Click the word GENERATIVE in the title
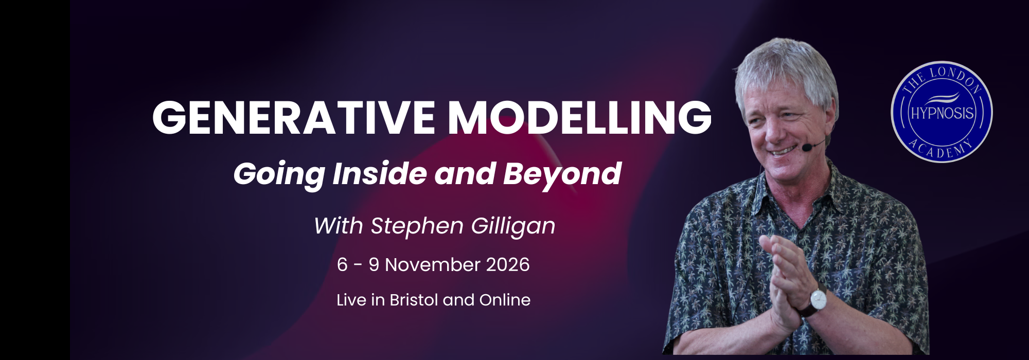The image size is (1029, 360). (293, 117)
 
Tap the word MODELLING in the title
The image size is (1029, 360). (580, 117)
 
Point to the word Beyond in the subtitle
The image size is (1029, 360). (562, 174)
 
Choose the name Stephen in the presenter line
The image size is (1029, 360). (417, 226)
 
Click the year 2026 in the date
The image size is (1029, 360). (508, 265)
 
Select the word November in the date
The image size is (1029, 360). (432, 265)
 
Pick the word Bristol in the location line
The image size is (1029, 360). (414, 300)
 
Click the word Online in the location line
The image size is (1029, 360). (505, 300)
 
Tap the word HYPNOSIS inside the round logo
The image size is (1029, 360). (942, 113)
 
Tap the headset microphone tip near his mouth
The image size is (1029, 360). (806, 148)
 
